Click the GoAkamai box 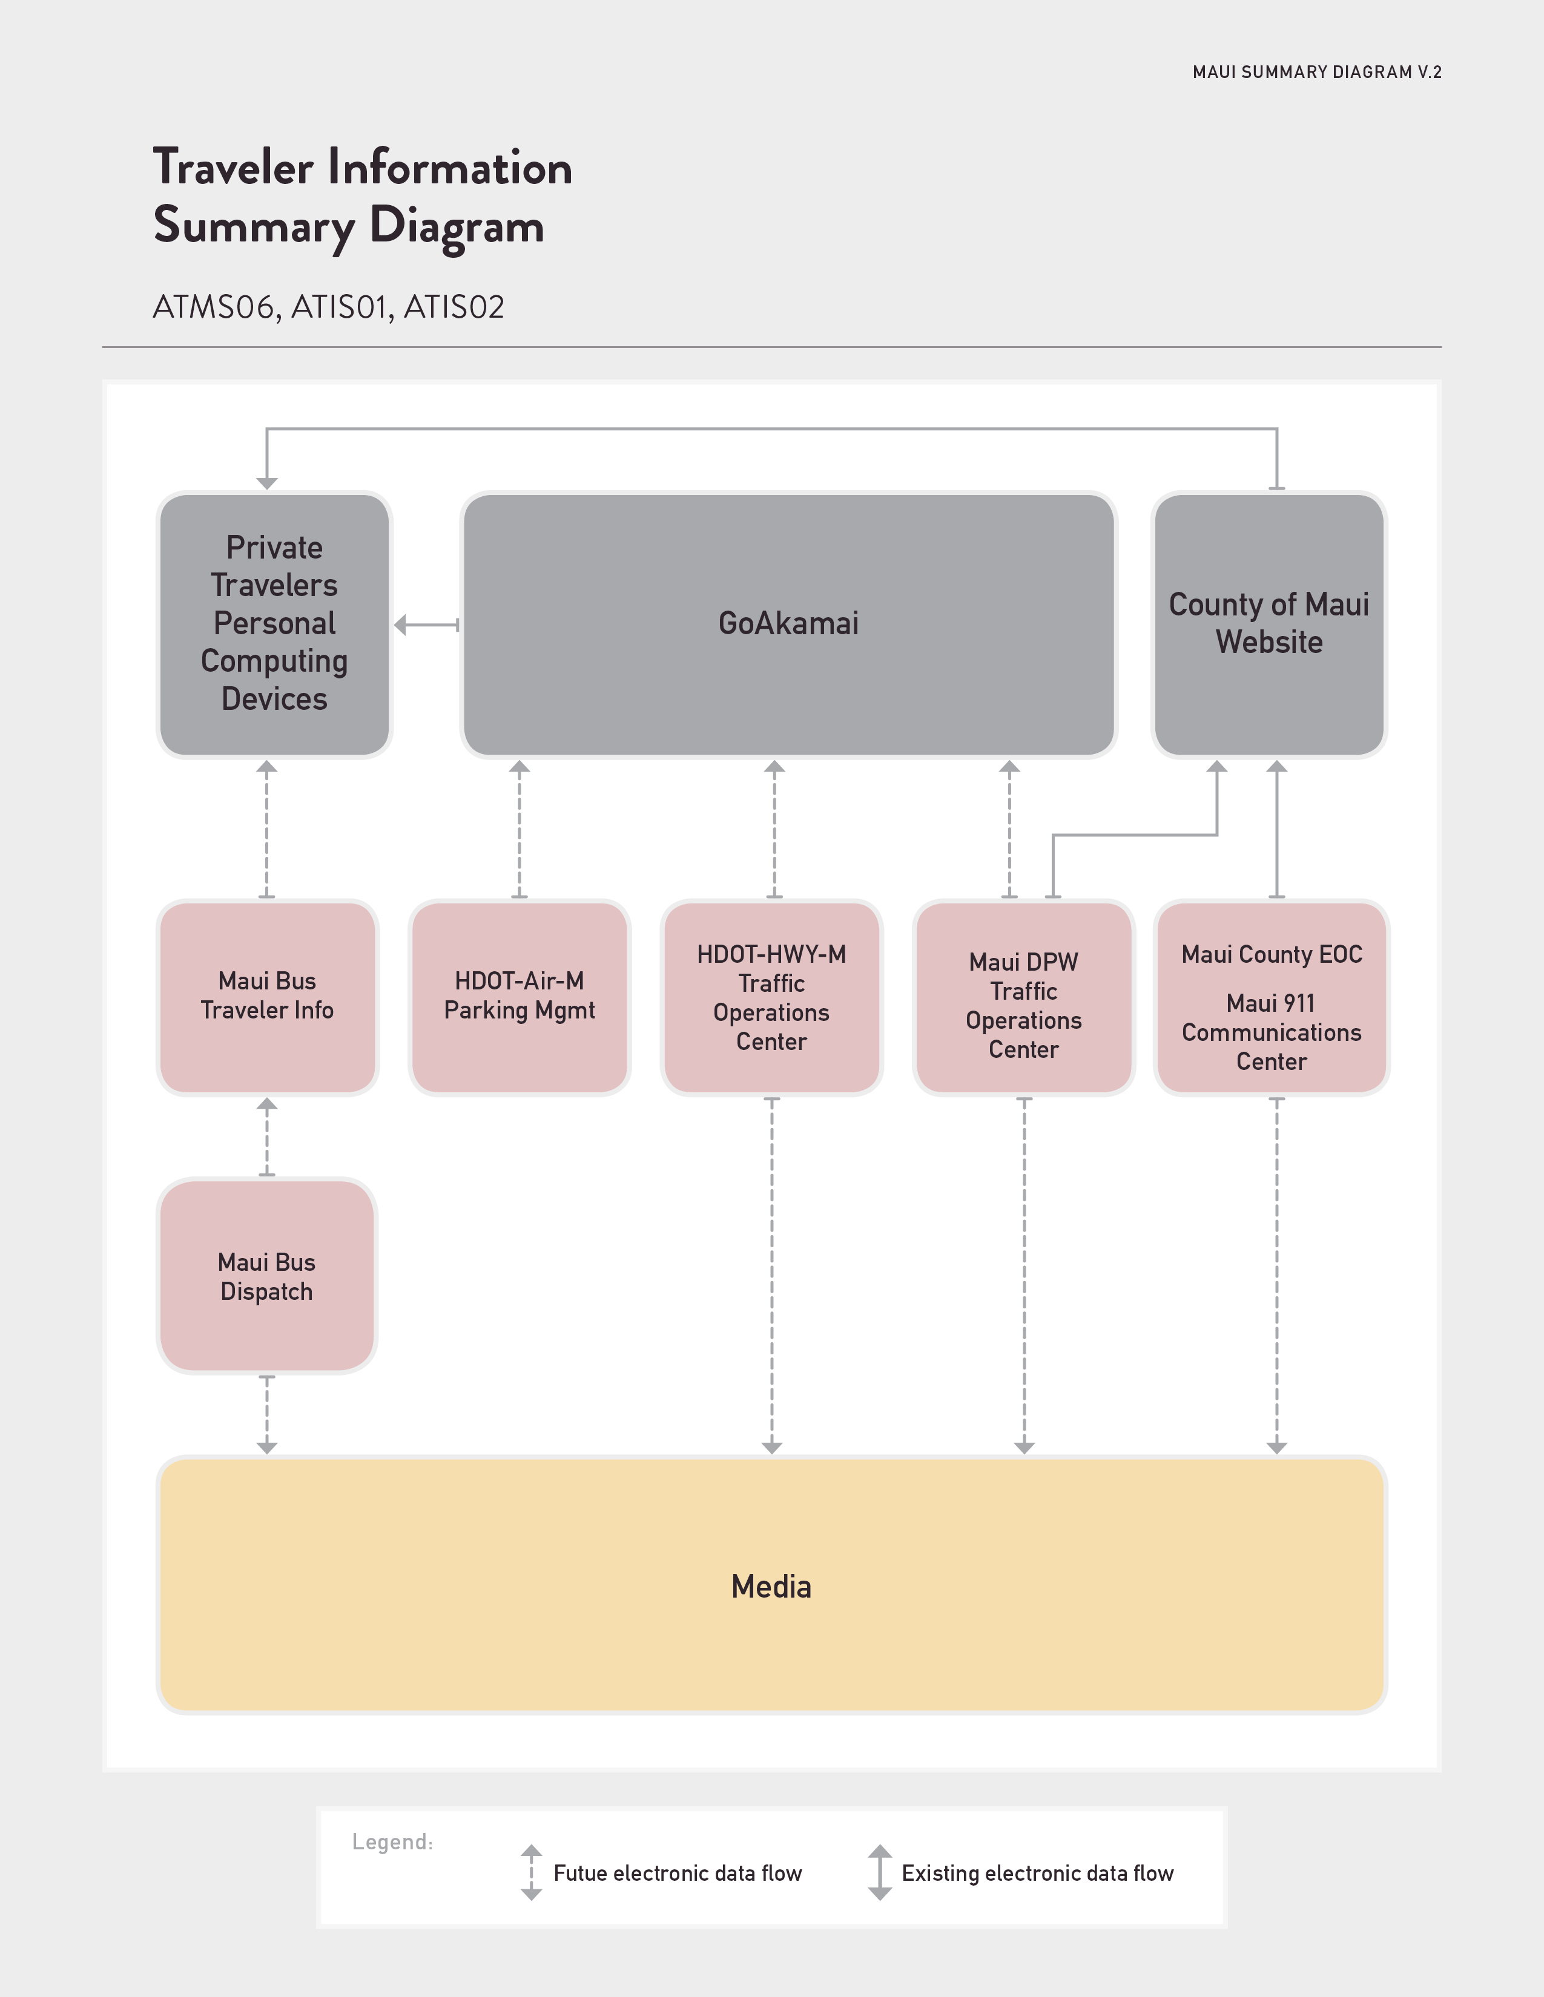click(x=788, y=625)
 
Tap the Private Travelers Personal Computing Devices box click(x=274, y=625)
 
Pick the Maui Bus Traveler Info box click(x=267, y=997)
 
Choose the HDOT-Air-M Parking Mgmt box click(x=520, y=997)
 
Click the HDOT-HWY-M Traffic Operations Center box click(x=772, y=997)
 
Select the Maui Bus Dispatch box click(x=267, y=1276)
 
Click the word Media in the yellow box click(x=771, y=1587)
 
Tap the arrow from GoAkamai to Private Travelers click(x=426, y=625)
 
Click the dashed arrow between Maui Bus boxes click(x=267, y=1136)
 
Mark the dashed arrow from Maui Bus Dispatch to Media click(x=267, y=1415)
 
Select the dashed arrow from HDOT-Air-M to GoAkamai click(x=520, y=829)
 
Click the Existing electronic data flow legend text click(x=1037, y=1874)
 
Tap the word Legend click(x=392, y=1841)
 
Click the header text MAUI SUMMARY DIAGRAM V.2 click(x=1317, y=72)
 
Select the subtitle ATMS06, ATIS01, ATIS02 click(x=328, y=307)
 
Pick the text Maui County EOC click(x=1272, y=954)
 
